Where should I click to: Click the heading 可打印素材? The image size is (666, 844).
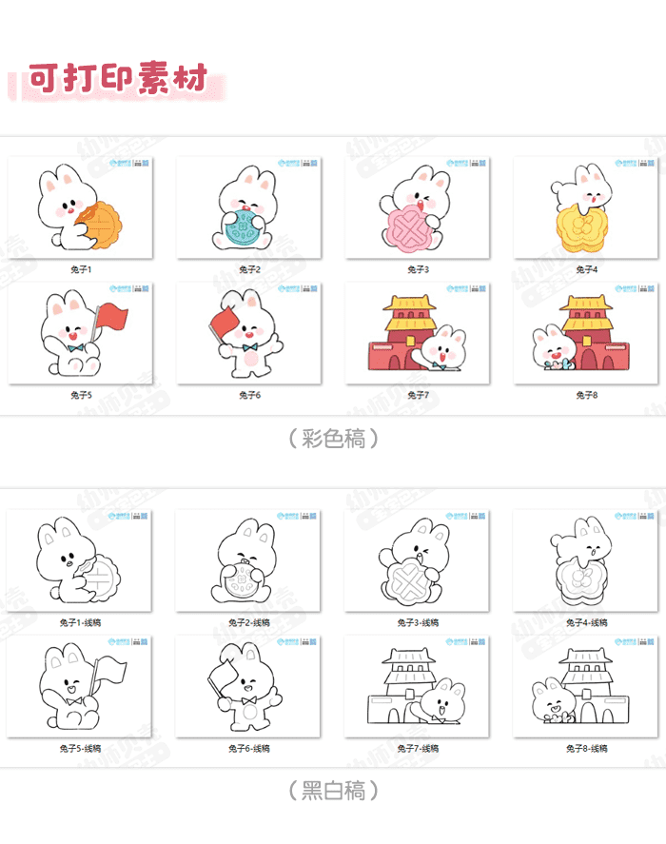[x=118, y=78]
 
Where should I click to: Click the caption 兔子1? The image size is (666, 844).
[x=81, y=269]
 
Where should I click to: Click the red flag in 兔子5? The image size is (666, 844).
[x=112, y=316]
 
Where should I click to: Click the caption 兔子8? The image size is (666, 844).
[x=586, y=395]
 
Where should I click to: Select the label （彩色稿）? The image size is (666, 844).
[x=333, y=438]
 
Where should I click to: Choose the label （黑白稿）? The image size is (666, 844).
[x=333, y=790]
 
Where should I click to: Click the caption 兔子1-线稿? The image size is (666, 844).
[x=81, y=623]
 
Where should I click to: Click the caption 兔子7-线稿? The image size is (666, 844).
[x=418, y=749]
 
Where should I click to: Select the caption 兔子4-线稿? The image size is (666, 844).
[x=586, y=623]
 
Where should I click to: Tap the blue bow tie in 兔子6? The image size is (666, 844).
[x=249, y=348]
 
